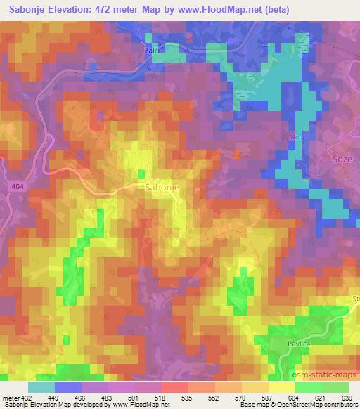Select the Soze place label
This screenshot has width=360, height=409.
click(x=341, y=160)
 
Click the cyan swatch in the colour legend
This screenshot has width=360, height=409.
click(x=41, y=387)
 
